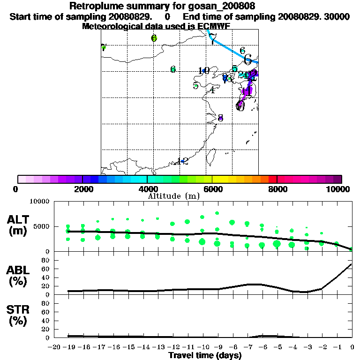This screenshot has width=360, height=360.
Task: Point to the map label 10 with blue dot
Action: coord(203,71)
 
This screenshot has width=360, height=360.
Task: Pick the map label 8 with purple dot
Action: coord(220,118)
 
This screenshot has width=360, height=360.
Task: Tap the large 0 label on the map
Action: coord(240,105)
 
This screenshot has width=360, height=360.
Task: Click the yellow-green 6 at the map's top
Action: coord(154,38)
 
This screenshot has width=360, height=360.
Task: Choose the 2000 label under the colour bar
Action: coord(82,189)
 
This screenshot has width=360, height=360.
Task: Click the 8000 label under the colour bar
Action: coord(277,189)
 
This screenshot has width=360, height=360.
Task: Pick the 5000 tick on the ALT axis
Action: coord(42,226)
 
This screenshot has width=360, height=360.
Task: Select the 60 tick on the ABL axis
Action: coord(46,269)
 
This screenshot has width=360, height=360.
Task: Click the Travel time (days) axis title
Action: coord(205,355)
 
